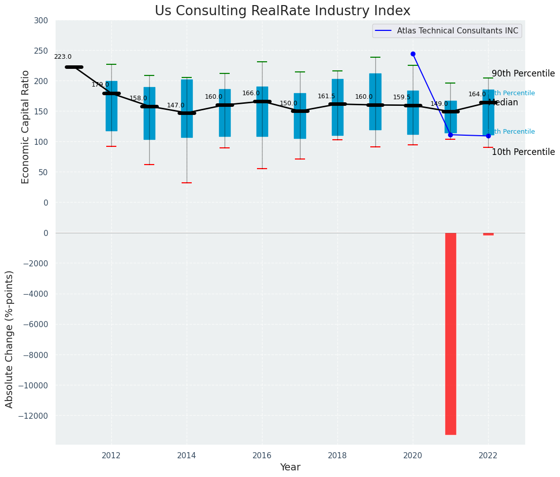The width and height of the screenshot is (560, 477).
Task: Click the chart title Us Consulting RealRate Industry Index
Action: pyautogui.click(x=282, y=11)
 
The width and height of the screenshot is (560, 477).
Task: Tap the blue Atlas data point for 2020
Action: pyautogui.click(x=413, y=54)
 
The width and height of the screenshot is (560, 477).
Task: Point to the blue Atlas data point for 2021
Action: pyautogui.click(x=450, y=135)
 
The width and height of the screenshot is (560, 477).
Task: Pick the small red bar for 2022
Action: pyautogui.click(x=488, y=234)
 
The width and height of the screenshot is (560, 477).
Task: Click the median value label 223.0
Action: pyautogui.click(x=63, y=57)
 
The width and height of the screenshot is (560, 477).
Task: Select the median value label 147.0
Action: pyautogui.click(x=176, y=105)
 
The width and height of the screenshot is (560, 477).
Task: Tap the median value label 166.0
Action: pyautogui.click(x=251, y=94)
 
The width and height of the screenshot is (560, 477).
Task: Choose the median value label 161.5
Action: pyautogui.click(x=326, y=96)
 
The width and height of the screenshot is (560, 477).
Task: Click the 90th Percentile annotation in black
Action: pyautogui.click(x=523, y=73)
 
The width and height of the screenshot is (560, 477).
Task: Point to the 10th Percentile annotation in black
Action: pyautogui.click(x=523, y=152)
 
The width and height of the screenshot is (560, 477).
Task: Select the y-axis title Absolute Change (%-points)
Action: pyautogui.click(x=10, y=339)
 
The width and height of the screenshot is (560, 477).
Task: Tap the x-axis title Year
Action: pyautogui.click(x=290, y=467)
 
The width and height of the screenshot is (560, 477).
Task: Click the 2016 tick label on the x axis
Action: pyautogui.click(x=262, y=455)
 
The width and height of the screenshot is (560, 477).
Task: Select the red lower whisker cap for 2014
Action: pyautogui.click(x=187, y=183)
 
